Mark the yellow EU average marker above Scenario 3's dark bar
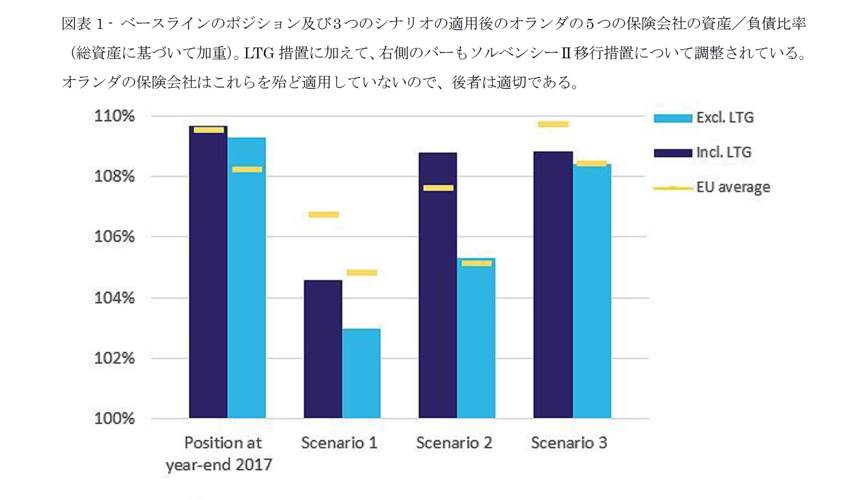point(553,124)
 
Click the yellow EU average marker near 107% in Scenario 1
point(323,214)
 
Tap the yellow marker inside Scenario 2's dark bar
point(438,188)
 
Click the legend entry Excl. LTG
point(725,118)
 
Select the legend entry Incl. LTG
point(723,152)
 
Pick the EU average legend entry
point(733,187)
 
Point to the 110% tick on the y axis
point(114,116)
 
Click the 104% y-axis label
point(114,298)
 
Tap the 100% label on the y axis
point(114,418)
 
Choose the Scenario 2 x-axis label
point(454,443)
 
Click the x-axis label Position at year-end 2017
point(219,453)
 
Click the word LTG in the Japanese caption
point(259,53)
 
